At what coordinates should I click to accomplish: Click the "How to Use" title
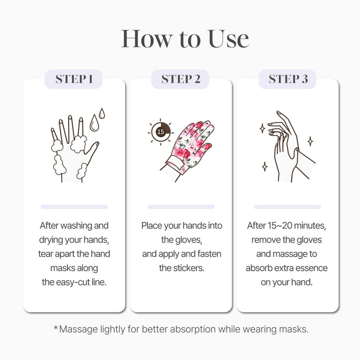click(185, 39)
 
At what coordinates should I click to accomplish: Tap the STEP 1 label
click(74, 79)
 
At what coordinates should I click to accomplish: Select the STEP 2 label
click(181, 79)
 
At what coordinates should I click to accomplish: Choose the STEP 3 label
click(288, 79)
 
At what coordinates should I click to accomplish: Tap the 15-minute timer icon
click(160, 132)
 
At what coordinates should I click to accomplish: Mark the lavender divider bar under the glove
click(181, 206)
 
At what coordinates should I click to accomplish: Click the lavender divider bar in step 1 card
click(74, 206)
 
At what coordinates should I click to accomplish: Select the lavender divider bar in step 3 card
click(287, 206)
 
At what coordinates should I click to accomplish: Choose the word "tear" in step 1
click(46, 254)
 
